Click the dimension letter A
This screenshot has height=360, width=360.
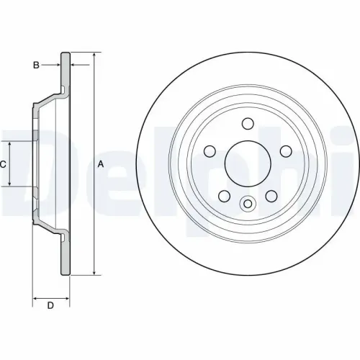click(101, 164)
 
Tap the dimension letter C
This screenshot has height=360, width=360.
click(3, 164)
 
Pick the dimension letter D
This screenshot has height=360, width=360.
click(50, 307)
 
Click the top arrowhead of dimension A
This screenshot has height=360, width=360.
click(94, 55)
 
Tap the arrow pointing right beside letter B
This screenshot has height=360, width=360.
click(59, 65)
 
